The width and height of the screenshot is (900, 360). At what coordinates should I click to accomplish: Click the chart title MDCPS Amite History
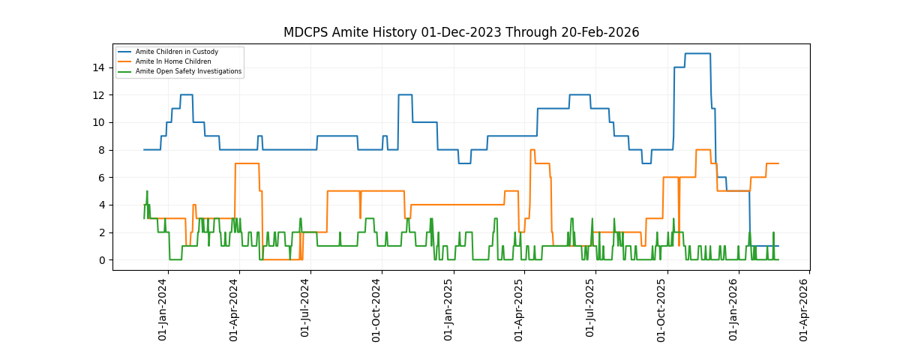pyautogui.click(x=460, y=32)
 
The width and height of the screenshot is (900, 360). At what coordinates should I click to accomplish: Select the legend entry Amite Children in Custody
pyautogui.click(x=177, y=52)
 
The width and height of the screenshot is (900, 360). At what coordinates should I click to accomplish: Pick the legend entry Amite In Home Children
pyautogui.click(x=168, y=61)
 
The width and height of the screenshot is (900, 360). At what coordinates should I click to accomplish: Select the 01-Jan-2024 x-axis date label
pyautogui.click(x=163, y=310)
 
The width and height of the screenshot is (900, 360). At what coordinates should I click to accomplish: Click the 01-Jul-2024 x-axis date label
pyautogui.click(x=306, y=310)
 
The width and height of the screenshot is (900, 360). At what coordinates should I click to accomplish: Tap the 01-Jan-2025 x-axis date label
pyautogui.click(x=449, y=310)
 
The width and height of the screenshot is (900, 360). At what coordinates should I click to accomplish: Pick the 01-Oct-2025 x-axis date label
pyautogui.click(x=662, y=310)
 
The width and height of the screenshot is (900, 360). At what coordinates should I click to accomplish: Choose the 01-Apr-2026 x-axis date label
pyautogui.click(x=805, y=310)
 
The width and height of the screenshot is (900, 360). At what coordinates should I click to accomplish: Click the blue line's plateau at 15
pyautogui.click(x=697, y=53)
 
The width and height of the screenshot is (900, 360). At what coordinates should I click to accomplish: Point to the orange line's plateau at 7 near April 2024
pyautogui.click(x=247, y=163)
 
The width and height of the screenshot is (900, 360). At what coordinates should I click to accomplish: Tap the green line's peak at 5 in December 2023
pyautogui.click(x=147, y=191)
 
